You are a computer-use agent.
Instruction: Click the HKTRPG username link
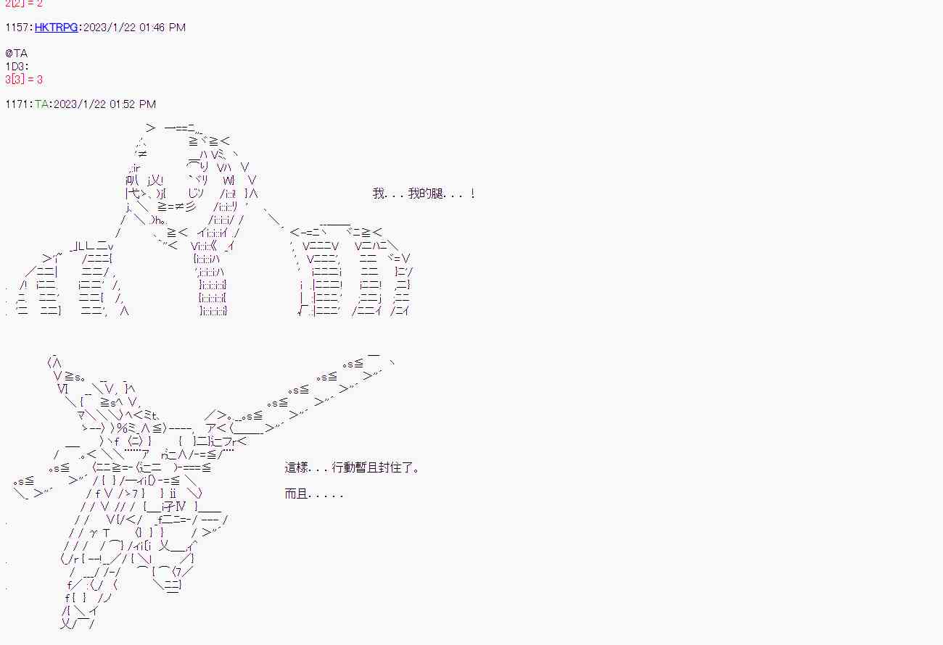(x=58, y=28)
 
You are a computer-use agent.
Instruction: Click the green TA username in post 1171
(x=41, y=104)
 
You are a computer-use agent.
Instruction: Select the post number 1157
(x=17, y=28)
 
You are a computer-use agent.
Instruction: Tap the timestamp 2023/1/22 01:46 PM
(x=134, y=28)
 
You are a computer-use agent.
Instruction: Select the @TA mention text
(x=16, y=54)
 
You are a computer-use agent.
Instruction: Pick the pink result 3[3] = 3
(x=24, y=80)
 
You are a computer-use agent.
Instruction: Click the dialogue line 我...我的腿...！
(x=424, y=193)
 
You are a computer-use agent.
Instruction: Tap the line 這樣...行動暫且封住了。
(x=352, y=467)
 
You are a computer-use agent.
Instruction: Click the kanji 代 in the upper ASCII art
(x=132, y=193)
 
